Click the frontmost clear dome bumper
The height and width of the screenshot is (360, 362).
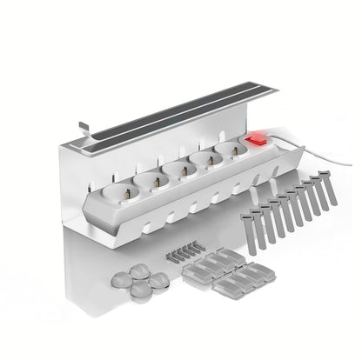click(135, 292)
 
